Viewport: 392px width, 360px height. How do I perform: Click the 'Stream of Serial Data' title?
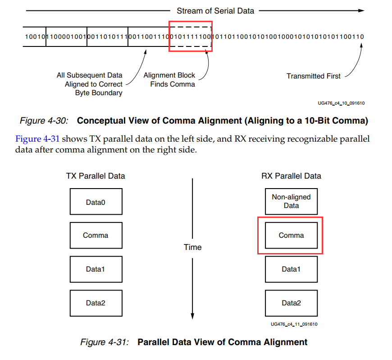pyautogui.click(x=215, y=10)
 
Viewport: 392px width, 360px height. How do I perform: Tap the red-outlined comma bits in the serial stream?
pyautogui.click(x=190, y=36)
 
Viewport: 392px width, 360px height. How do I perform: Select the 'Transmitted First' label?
pyautogui.click(x=314, y=76)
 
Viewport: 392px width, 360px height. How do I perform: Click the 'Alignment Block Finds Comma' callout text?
pyautogui.click(x=169, y=80)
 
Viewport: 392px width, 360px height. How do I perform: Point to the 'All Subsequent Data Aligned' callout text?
pyautogui.click(x=89, y=84)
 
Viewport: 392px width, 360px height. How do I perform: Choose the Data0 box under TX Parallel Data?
pyautogui.click(x=96, y=202)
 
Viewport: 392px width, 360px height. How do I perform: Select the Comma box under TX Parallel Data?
pyautogui.click(x=96, y=235)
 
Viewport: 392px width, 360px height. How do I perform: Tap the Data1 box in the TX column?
pyautogui.click(x=96, y=269)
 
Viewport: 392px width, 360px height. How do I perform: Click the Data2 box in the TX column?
pyautogui.click(x=96, y=303)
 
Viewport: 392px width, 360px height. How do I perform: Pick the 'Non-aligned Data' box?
pyautogui.click(x=291, y=201)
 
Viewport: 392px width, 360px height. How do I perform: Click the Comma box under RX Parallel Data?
pyautogui.click(x=291, y=235)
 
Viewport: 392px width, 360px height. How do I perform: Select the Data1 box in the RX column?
pyautogui.click(x=291, y=269)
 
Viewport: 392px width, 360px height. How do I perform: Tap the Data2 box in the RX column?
pyautogui.click(x=291, y=303)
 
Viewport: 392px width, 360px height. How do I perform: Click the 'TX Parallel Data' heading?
pyautogui.click(x=96, y=175)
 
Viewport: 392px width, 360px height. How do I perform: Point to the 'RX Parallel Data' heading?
pyautogui.click(x=291, y=175)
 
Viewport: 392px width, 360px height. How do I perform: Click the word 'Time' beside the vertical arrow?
pyautogui.click(x=192, y=247)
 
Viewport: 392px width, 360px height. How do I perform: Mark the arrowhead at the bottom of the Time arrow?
pyautogui.click(x=192, y=317)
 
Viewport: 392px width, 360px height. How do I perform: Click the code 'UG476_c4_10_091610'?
pyautogui.click(x=341, y=103)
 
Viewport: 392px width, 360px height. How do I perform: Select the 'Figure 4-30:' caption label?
pyautogui.click(x=44, y=121)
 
